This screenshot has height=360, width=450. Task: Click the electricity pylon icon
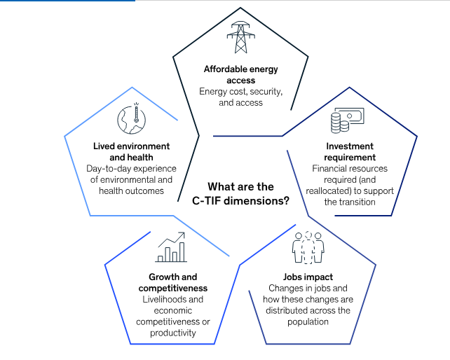241,37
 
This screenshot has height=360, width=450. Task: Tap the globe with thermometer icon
132,118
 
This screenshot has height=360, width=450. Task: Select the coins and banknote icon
347,120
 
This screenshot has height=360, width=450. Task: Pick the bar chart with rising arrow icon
171,247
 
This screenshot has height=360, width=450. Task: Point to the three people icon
308,247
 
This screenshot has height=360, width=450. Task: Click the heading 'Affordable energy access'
241,74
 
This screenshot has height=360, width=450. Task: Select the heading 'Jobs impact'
308,277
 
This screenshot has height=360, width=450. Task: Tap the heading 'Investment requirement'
350,152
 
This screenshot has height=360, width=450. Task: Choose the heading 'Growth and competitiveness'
172,282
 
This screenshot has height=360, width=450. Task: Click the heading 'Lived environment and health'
132,152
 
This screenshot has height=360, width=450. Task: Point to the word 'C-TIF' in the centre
206,201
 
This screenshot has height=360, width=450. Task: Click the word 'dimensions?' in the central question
257,201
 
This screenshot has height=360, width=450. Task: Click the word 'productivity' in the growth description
173,333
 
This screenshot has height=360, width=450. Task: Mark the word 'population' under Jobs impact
308,322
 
